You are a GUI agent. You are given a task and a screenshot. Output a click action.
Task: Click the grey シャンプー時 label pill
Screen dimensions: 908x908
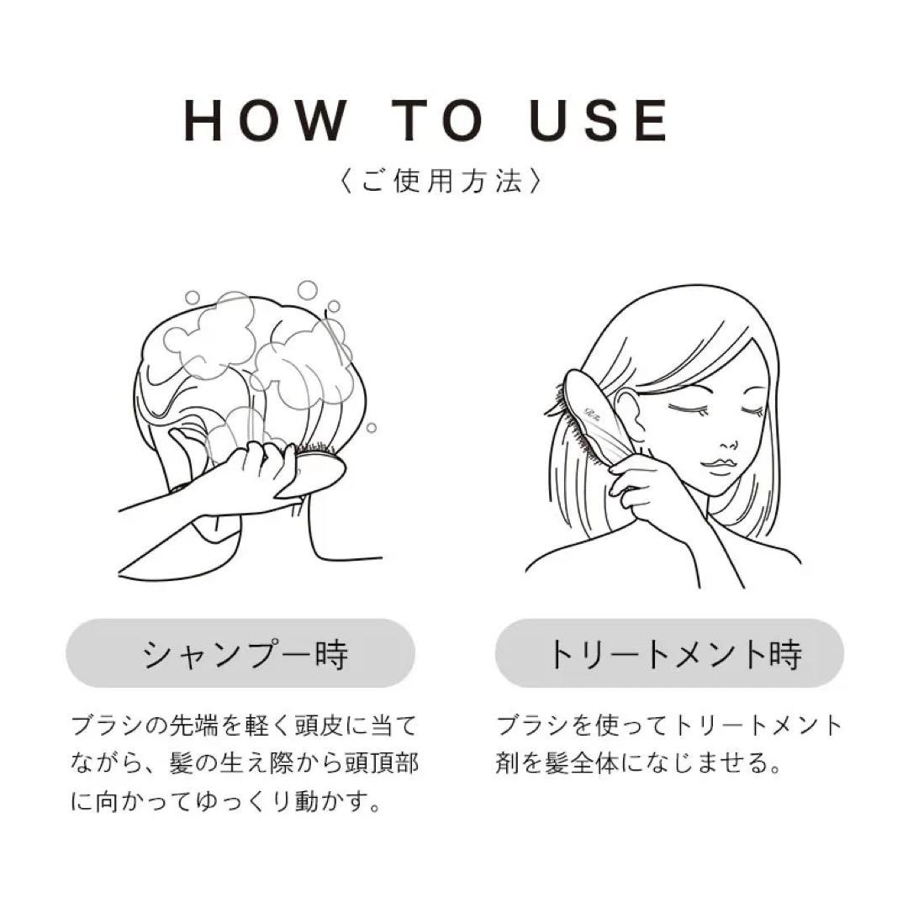[240, 653]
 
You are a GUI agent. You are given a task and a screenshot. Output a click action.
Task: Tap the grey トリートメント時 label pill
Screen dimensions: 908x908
[669, 653]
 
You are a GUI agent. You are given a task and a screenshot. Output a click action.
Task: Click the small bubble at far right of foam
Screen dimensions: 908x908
[371, 427]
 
